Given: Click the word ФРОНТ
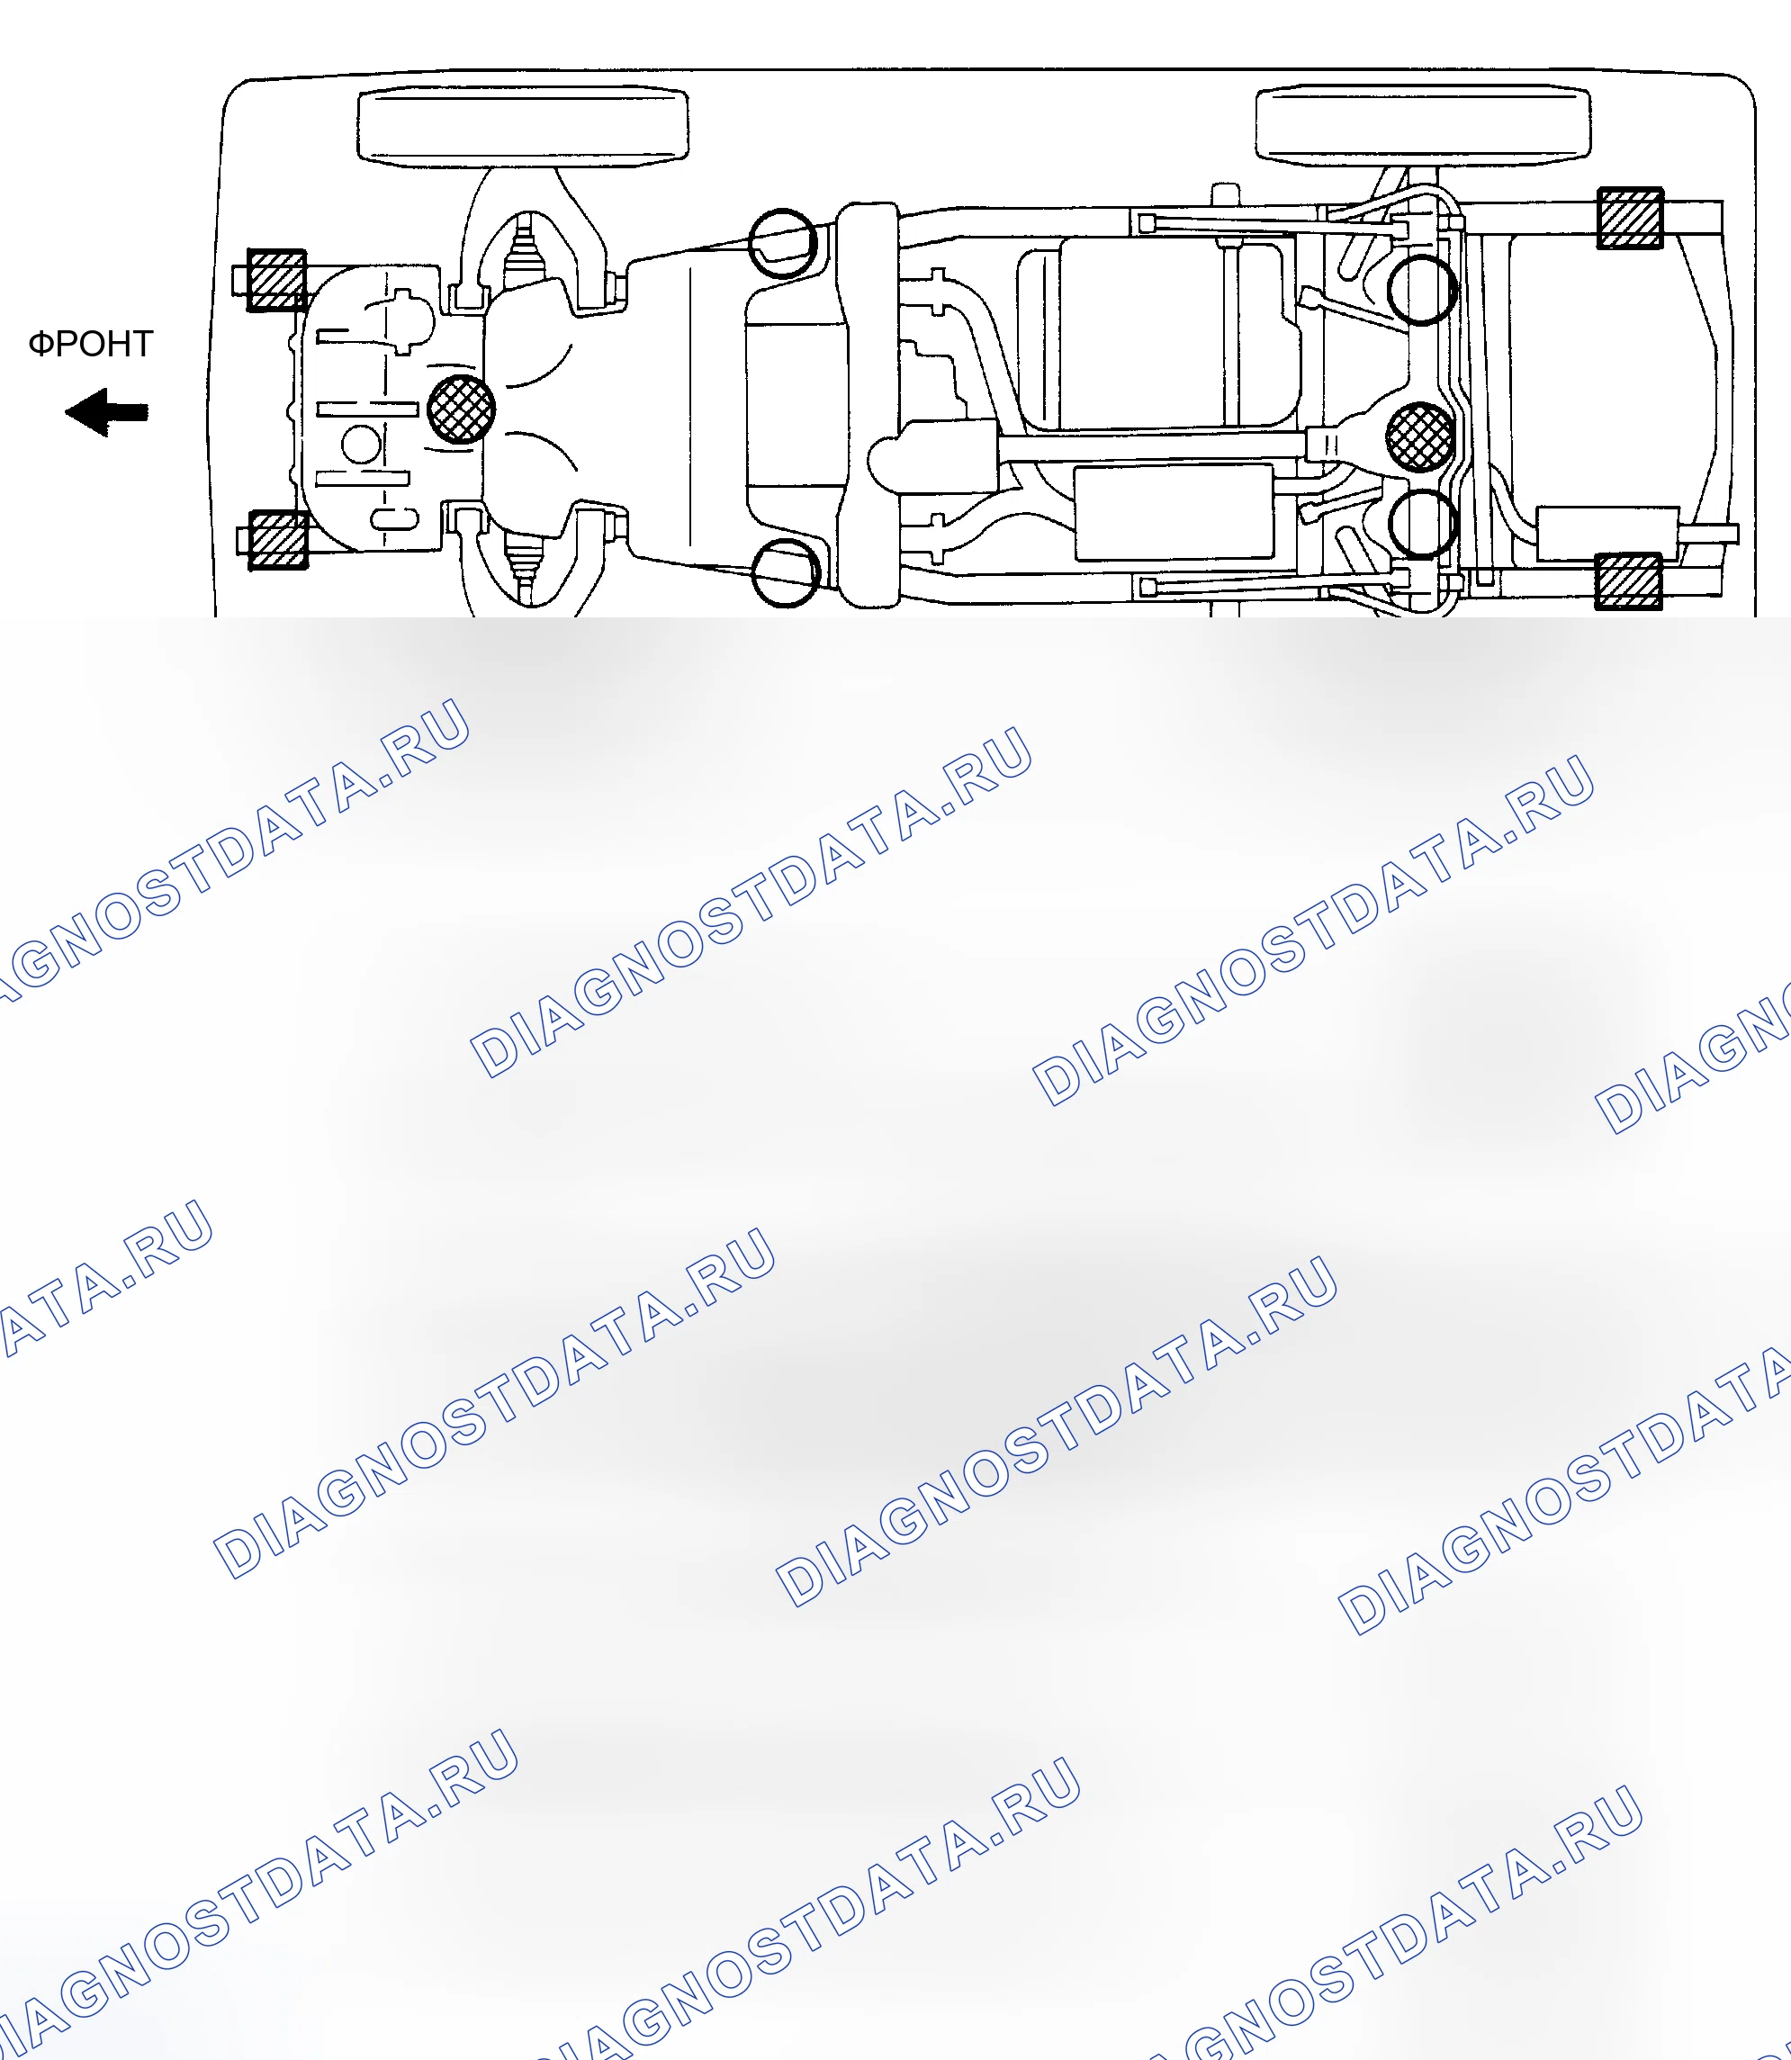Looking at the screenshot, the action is [x=90, y=344].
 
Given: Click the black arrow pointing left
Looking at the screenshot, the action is [x=107, y=412].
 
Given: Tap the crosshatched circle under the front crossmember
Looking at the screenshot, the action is [x=461, y=409].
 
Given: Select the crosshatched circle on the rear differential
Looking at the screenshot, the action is [x=1420, y=436].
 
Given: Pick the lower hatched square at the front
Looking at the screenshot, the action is [x=279, y=540].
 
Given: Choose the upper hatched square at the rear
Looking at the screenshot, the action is [x=1630, y=218].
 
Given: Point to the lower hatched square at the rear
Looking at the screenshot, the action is [x=1628, y=580].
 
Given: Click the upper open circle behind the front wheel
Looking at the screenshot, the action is [x=785, y=243].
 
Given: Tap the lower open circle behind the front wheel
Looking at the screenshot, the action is [x=785, y=572].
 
